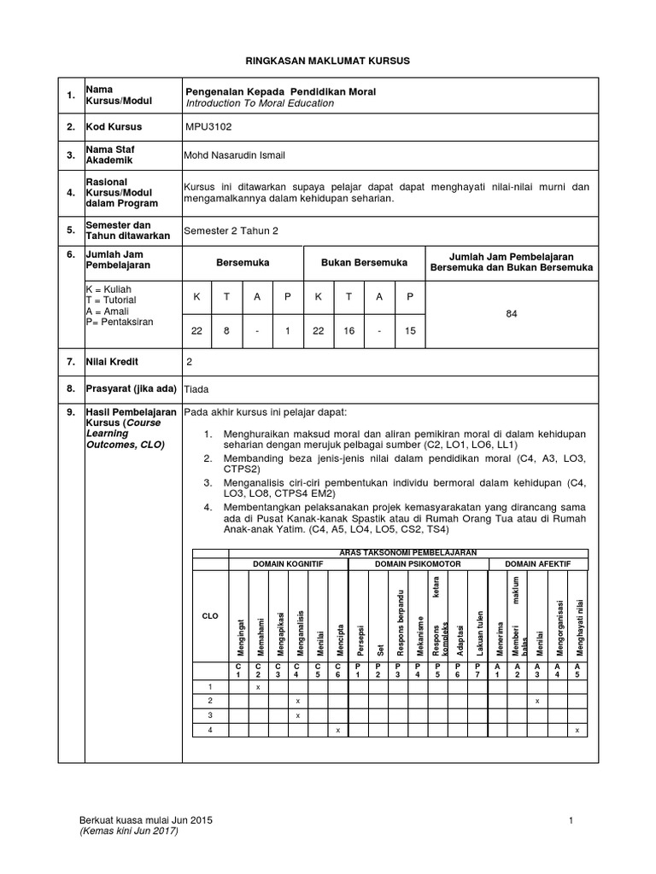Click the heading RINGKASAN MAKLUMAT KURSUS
(x=327, y=61)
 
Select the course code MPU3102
(x=208, y=127)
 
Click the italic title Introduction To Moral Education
(x=260, y=103)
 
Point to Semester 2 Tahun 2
(x=231, y=230)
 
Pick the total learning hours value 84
(x=512, y=314)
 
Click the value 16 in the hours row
(x=348, y=330)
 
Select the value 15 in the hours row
(x=410, y=330)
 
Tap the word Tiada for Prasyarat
(x=197, y=387)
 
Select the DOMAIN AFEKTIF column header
(x=538, y=565)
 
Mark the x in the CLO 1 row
(x=259, y=686)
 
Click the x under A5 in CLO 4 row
(x=578, y=730)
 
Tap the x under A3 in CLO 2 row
(x=537, y=701)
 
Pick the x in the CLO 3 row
(x=297, y=715)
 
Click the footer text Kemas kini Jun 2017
(x=128, y=831)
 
